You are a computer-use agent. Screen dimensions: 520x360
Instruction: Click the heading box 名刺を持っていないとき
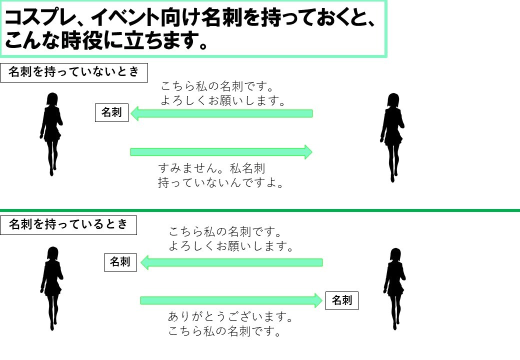pos(74,72)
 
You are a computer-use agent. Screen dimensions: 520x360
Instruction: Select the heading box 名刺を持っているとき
pos(68,225)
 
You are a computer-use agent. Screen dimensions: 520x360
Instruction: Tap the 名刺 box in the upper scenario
pos(112,112)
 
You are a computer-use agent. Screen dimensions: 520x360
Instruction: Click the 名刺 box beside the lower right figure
pos(342,300)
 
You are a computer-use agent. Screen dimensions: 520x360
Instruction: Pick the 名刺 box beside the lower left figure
pos(120,262)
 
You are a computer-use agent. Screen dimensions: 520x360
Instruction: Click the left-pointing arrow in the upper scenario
pos(221,113)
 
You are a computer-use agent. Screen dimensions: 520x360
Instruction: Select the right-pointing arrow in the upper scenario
pos(221,152)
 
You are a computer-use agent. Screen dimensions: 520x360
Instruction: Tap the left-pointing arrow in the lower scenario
pos(231,263)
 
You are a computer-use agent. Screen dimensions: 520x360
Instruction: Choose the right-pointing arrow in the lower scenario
pos(231,300)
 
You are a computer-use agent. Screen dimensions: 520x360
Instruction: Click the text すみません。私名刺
pos(211,168)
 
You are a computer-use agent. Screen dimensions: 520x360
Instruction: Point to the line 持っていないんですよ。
pos(220,182)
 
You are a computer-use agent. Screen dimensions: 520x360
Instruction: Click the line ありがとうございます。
pos(230,317)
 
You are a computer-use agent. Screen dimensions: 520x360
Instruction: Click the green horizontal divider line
pos(260,210)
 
